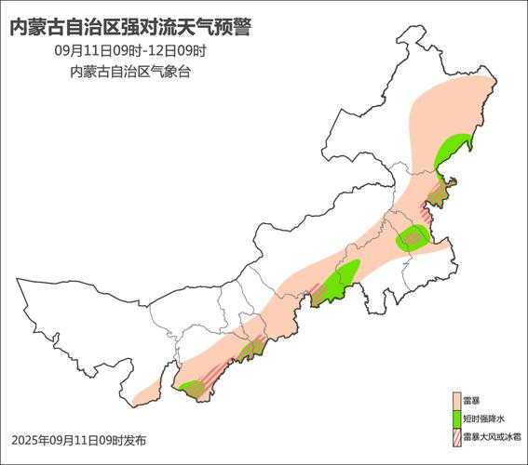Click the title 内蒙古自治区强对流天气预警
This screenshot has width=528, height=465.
[129, 27]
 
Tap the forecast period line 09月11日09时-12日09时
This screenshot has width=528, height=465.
[129, 50]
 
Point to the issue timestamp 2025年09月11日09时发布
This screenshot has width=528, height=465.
[78, 439]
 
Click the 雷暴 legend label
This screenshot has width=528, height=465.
[471, 400]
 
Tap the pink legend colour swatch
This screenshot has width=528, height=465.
[456, 400]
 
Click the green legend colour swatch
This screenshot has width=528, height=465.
[456, 418]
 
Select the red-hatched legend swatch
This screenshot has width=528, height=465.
[456, 435]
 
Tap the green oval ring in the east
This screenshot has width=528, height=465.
[412, 239]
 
